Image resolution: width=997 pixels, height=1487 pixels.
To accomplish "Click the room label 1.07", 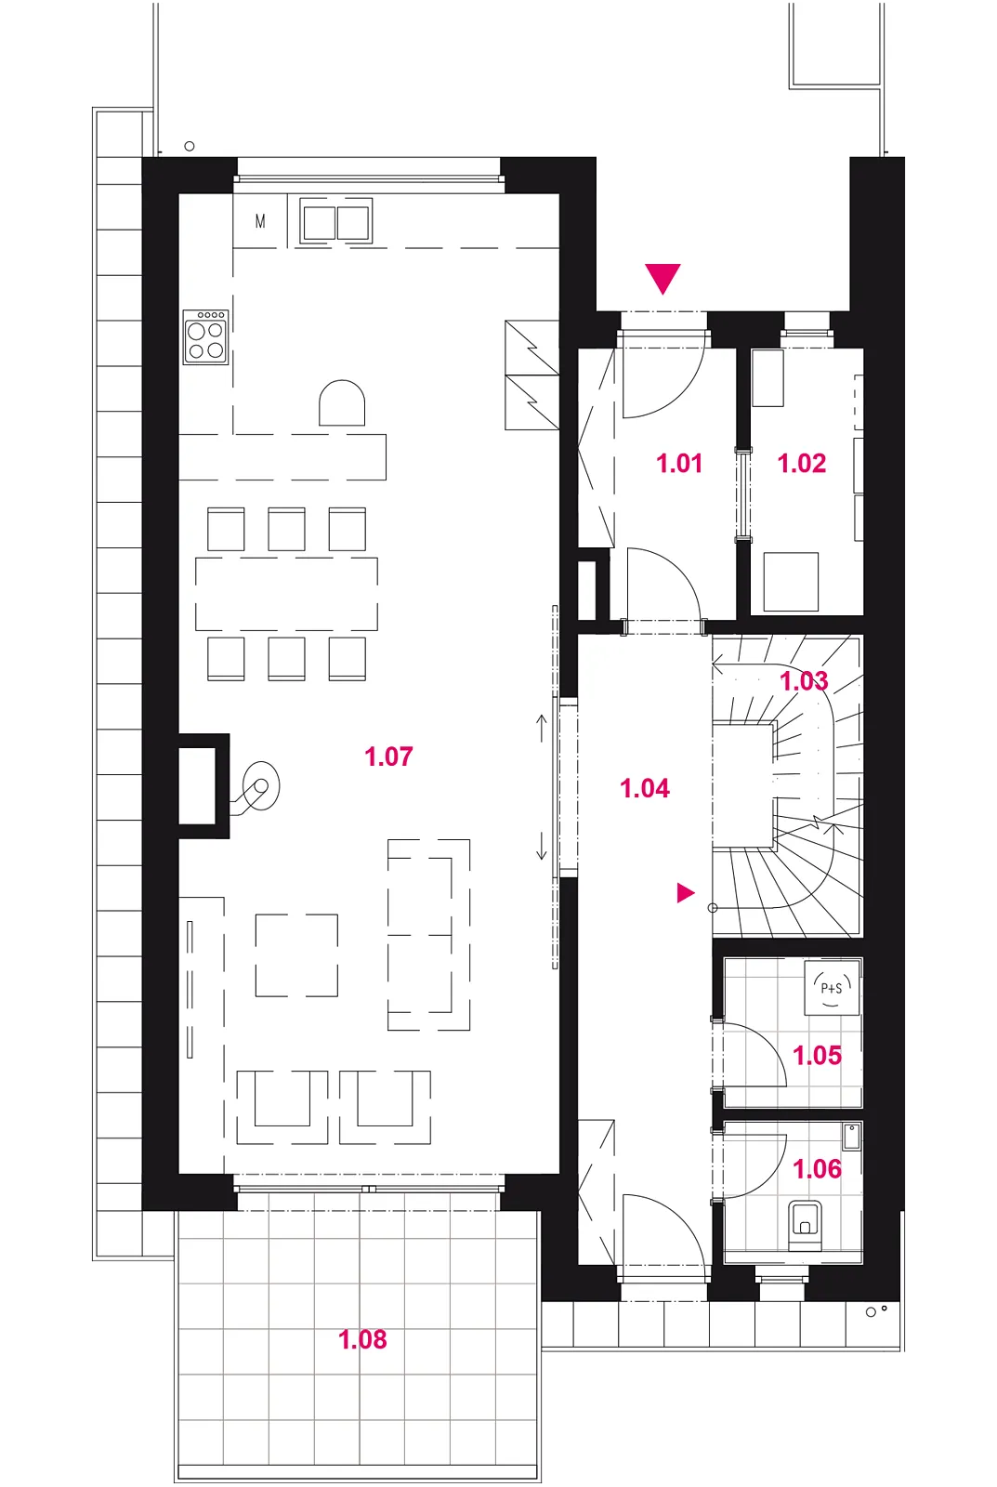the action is tap(389, 757).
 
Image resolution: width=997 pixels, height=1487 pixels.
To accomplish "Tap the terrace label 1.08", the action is tap(362, 1339).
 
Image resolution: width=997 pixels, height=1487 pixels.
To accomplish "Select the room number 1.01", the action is tap(679, 463).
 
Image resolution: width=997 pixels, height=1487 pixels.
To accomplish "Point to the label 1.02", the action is tap(802, 463).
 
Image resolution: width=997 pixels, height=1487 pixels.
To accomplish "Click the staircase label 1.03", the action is tap(804, 680).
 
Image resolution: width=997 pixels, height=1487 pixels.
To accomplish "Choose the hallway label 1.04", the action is tap(645, 788).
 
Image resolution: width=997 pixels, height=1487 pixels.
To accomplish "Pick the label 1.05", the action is tap(817, 1055).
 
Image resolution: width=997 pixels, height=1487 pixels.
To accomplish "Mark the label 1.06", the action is tap(817, 1168).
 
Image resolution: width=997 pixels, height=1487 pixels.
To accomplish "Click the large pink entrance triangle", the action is tap(662, 278).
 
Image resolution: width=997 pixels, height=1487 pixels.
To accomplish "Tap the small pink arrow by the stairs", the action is tap(685, 893).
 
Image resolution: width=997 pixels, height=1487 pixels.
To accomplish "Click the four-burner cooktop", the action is tap(205, 336).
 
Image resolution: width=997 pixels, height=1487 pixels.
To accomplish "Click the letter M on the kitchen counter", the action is tap(260, 222).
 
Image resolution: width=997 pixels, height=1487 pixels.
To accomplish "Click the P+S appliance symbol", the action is tap(833, 987).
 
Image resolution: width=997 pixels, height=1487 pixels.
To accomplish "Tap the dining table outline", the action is tap(287, 594).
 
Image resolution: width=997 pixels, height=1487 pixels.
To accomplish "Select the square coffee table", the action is tap(296, 955).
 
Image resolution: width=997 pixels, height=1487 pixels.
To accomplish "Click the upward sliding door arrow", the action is tap(542, 728).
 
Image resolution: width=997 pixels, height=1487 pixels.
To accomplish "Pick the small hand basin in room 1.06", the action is tap(850, 1137).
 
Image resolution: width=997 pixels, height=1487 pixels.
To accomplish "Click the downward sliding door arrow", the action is tap(542, 845).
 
